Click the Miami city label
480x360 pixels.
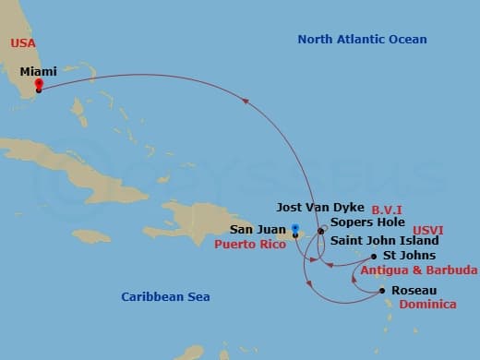(x=38, y=71)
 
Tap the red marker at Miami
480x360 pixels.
(x=38, y=85)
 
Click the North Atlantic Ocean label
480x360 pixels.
(x=362, y=39)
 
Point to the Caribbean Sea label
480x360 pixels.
(x=165, y=296)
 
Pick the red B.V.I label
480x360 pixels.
(x=387, y=210)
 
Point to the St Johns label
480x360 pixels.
(x=410, y=255)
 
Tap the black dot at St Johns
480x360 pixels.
(x=373, y=256)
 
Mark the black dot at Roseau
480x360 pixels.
(x=383, y=291)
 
